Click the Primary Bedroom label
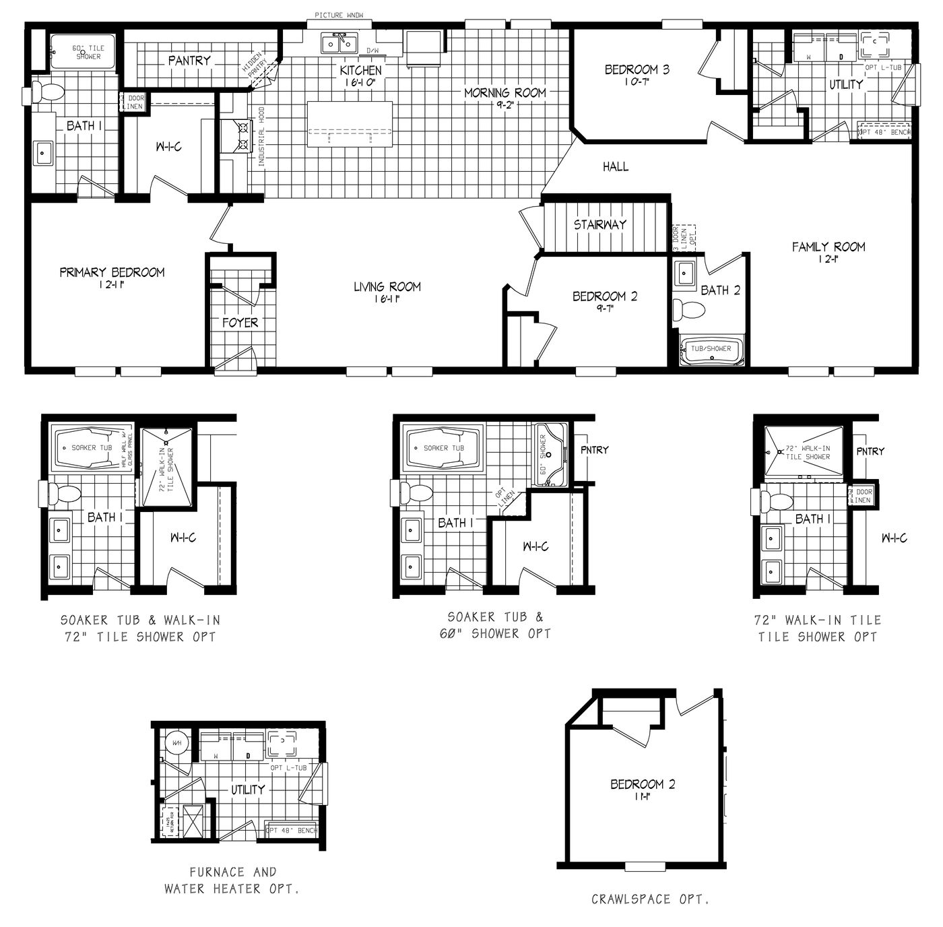click(112, 273)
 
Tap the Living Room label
click(387, 287)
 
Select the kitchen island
click(350, 124)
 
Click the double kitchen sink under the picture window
click(339, 44)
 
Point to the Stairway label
click(599, 225)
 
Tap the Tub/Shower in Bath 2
click(711, 350)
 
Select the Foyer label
click(240, 323)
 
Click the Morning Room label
click(505, 93)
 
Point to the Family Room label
click(828, 247)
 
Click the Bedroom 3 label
click(637, 69)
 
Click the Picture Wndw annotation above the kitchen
click(339, 15)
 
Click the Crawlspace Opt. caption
click(649, 899)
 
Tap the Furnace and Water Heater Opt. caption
click(232, 880)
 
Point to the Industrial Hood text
click(261, 137)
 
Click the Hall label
click(615, 166)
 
